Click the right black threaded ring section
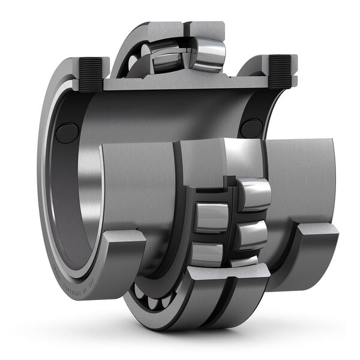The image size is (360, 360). click(280, 71)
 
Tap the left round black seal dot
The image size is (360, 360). click(67, 133)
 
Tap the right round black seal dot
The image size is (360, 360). click(251, 128)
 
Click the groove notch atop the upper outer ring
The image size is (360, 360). click(185, 28)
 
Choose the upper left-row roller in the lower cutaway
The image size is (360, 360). click(211, 217)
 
